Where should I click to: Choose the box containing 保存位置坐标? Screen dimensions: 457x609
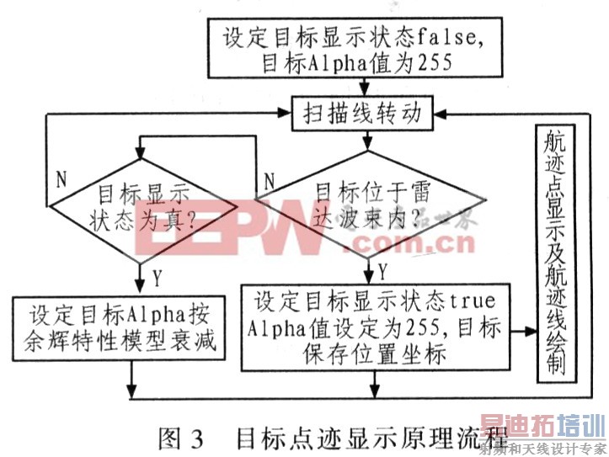click(376, 327)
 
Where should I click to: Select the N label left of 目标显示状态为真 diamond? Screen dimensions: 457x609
click(61, 178)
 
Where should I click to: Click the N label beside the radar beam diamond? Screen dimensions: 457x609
click(267, 178)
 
